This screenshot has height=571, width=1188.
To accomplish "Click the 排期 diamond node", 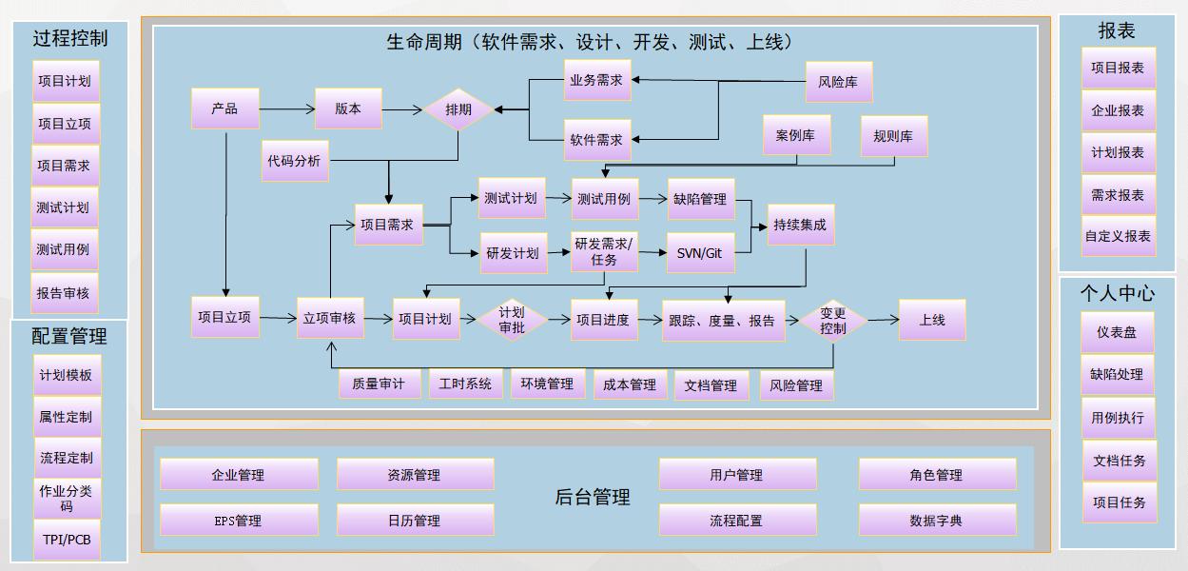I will (x=458, y=109).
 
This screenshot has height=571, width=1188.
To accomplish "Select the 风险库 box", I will (x=838, y=82).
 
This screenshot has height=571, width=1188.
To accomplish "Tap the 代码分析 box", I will (x=295, y=160).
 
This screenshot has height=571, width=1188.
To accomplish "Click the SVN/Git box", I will (x=700, y=253).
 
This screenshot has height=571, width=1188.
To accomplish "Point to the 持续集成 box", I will (x=800, y=226).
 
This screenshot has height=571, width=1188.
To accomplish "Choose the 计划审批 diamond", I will (x=512, y=320).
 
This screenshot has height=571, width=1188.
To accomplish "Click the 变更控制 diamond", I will (x=833, y=321).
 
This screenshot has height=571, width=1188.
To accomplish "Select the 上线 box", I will (x=932, y=320).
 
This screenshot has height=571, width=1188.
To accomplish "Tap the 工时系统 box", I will (x=465, y=384).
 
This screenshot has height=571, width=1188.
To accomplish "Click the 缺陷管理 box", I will (x=700, y=199).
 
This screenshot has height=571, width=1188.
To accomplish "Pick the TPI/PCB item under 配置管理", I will (x=66, y=540).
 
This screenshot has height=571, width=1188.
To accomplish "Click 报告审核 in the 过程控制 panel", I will (x=64, y=293).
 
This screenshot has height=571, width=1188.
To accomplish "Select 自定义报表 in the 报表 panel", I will (x=1118, y=236).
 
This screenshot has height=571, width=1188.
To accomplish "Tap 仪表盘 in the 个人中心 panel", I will (x=1118, y=332).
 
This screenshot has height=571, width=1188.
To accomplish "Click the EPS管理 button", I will (x=225, y=521).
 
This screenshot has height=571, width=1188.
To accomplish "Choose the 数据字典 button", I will (x=936, y=521).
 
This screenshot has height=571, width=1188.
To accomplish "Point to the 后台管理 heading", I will (x=593, y=497).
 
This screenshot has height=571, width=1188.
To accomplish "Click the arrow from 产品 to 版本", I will (x=286, y=109).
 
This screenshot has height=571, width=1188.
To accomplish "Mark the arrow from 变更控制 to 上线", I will (x=884, y=321).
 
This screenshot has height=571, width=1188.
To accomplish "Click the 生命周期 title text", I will (x=590, y=42).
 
